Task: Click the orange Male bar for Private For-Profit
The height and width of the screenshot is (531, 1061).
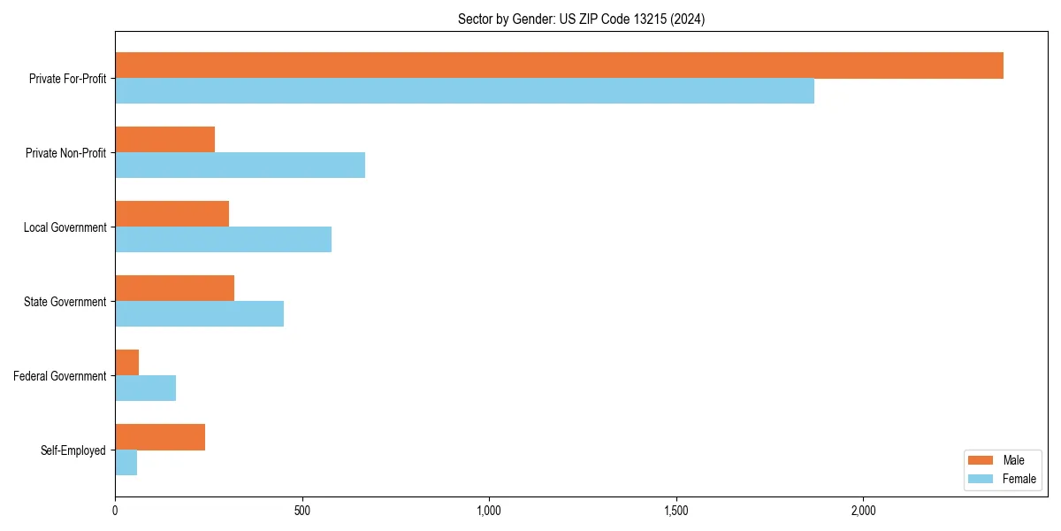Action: pyautogui.click(x=559, y=65)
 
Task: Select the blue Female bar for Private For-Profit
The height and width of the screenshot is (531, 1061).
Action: pyautogui.click(x=464, y=91)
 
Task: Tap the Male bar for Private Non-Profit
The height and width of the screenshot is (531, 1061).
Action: pyautogui.click(x=165, y=140)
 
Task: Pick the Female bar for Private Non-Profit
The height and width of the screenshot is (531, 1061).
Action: pyautogui.click(x=240, y=165)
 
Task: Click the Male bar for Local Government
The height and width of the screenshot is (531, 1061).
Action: pyautogui.click(x=172, y=214)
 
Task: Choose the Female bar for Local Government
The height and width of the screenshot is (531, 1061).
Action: pyautogui.click(x=223, y=240)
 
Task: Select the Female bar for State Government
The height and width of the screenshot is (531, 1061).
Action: pyautogui.click(x=199, y=314)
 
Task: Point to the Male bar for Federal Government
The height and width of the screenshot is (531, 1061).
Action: pyautogui.click(x=127, y=363)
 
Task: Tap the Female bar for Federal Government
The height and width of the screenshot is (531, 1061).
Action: pyautogui.click(x=146, y=389)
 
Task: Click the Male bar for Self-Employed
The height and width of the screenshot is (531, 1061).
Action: pyautogui.click(x=160, y=437)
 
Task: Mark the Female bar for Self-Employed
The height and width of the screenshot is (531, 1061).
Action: pyautogui.click(x=126, y=463)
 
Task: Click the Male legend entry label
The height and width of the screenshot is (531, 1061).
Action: pyautogui.click(x=1013, y=460)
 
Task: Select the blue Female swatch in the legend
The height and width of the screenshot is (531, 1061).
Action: pyautogui.click(x=981, y=479)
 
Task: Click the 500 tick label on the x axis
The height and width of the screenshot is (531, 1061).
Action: pyautogui.click(x=302, y=511)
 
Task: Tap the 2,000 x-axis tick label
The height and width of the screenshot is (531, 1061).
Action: pyautogui.click(x=863, y=511)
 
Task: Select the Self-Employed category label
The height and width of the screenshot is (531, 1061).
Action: pyautogui.click(x=73, y=450)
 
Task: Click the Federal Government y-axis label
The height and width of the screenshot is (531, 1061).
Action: pyautogui.click(x=60, y=376)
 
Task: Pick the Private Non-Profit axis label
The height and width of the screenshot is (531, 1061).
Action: pyautogui.click(x=65, y=153)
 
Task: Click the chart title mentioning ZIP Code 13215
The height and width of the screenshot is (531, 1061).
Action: pyautogui.click(x=581, y=19)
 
